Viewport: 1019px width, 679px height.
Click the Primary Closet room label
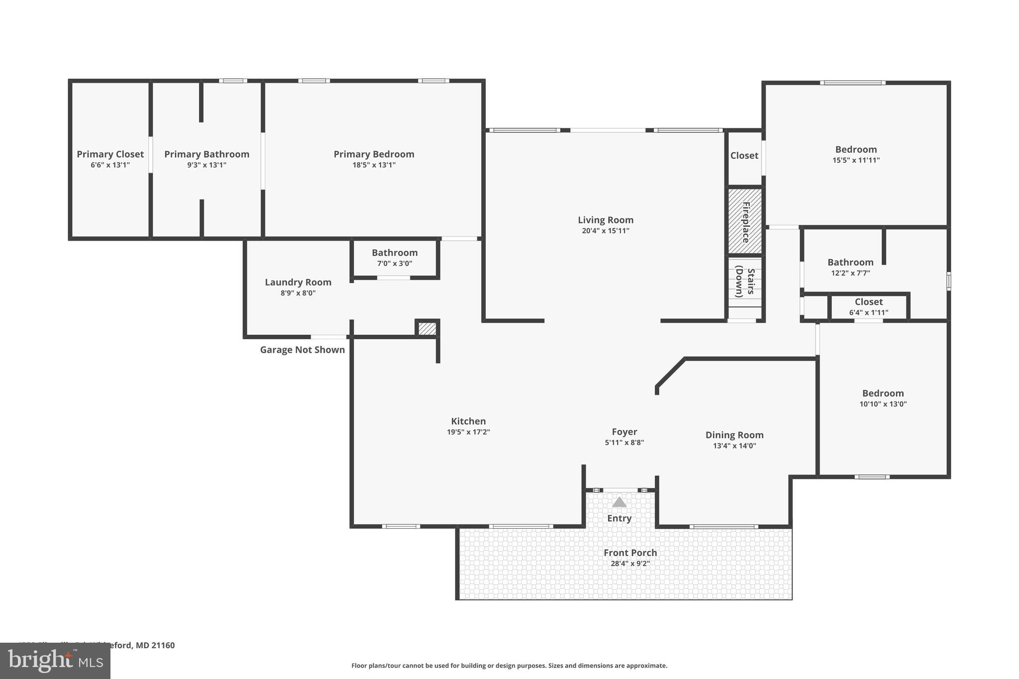pyautogui.click(x=110, y=154)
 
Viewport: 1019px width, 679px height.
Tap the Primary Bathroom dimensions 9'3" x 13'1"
pyautogui.click(x=206, y=165)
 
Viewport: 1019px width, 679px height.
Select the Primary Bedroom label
pyautogui.click(x=374, y=154)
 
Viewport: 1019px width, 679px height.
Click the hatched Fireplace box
pyautogui.click(x=745, y=221)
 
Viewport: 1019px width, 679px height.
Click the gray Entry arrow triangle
pyautogui.click(x=619, y=502)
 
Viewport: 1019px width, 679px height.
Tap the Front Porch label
pyautogui.click(x=630, y=553)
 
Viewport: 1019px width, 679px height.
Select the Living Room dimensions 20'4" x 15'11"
pyautogui.click(x=606, y=231)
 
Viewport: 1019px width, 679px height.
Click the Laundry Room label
pyautogui.click(x=298, y=282)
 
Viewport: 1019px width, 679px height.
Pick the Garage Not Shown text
pyautogui.click(x=302, y=350)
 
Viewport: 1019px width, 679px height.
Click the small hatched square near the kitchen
pyautogui.click(x=427, y=329)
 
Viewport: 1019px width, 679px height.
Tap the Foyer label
pyautogui.click(x=624, y=432)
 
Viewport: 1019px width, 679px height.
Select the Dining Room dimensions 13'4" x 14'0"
pyautogui.click(x=734, y=446)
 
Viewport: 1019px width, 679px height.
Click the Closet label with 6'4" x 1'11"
pyautogui.click(x=868, y=302)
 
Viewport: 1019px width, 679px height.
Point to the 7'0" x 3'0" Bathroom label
pyautogui.click(x=395, y=253)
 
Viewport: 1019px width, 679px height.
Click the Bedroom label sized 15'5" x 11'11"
pyautogui.click(x=856, y=149)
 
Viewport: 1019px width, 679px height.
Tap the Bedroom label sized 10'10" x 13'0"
pyautogui.click(x=883, y=393)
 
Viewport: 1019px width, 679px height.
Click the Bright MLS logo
pyautogui.click(x=55, y=661)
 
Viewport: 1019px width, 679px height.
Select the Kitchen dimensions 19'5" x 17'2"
pyautogui.click(x=468, y=432)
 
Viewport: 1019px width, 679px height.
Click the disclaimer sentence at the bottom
pyautogui.click(x=509, y=666)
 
